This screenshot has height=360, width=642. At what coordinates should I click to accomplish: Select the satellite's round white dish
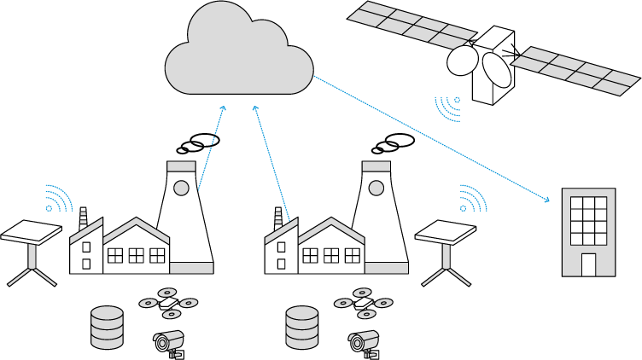tap(463, 60)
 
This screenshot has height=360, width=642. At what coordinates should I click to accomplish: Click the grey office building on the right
tap(588, 231)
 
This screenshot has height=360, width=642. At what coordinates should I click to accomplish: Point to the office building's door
tap(588, 264)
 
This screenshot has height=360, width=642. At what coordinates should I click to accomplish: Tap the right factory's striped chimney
tap(278, 218)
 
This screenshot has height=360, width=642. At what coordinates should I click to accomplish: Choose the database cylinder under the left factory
tap(107, 327)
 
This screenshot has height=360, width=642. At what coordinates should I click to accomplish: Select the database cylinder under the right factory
tap(301, 327)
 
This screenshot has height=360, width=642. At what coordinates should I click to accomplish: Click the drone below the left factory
tap(168, 303)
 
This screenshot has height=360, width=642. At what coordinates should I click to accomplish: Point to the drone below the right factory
tap(363, 303)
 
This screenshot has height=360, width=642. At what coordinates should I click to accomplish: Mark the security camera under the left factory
tap(169, 342)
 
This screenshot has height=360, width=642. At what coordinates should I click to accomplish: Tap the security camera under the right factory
tap(364, 342)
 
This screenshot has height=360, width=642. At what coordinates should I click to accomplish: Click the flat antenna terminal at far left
tap(32, 233)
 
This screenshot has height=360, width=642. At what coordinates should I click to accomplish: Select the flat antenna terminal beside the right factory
tap(446, 232)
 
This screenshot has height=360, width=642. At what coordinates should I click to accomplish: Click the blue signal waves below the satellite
tap(449, 107)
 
